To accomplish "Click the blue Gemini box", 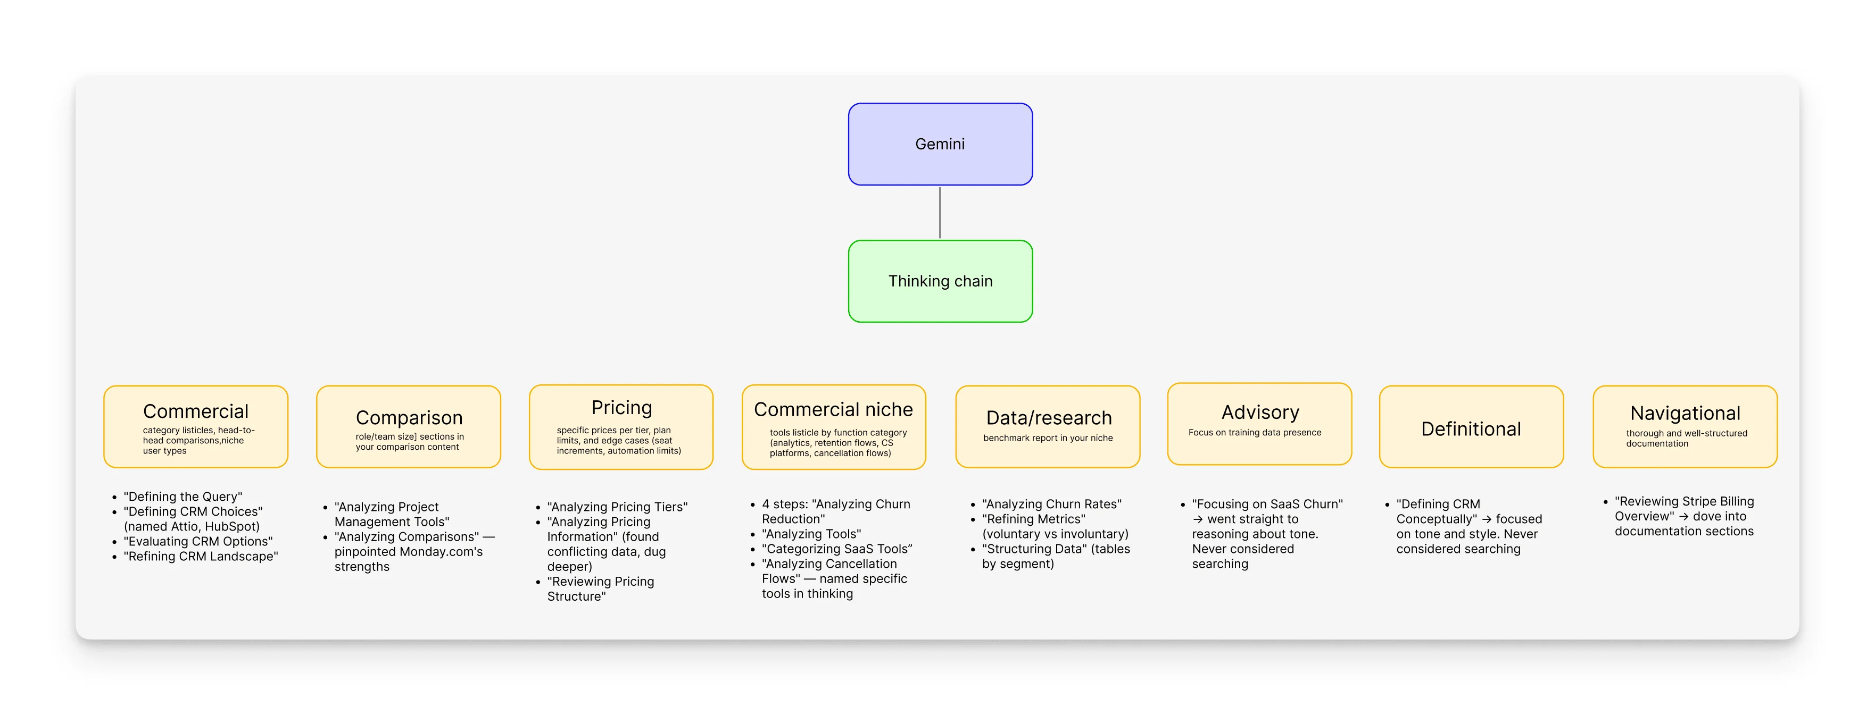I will (x=940, y=144).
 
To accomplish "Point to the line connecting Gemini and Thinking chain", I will (x=940, y=213).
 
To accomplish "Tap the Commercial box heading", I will (x=195, y=411).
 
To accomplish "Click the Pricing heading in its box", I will (x=621, y=407).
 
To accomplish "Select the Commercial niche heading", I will (x=833, y=409).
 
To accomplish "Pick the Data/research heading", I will (x=1048, y=417).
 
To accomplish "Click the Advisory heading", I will (x=1259, y=413).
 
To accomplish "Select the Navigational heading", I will (x=1685, y=413).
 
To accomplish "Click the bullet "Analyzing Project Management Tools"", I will (x=391, y=514).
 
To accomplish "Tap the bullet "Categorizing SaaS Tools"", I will (x=836, y=549).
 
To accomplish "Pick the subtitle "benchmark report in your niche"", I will (x=1048, y=438).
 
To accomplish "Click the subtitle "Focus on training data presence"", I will (x=1254, y=433).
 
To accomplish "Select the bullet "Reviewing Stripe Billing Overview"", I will (x=1683, y=508).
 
